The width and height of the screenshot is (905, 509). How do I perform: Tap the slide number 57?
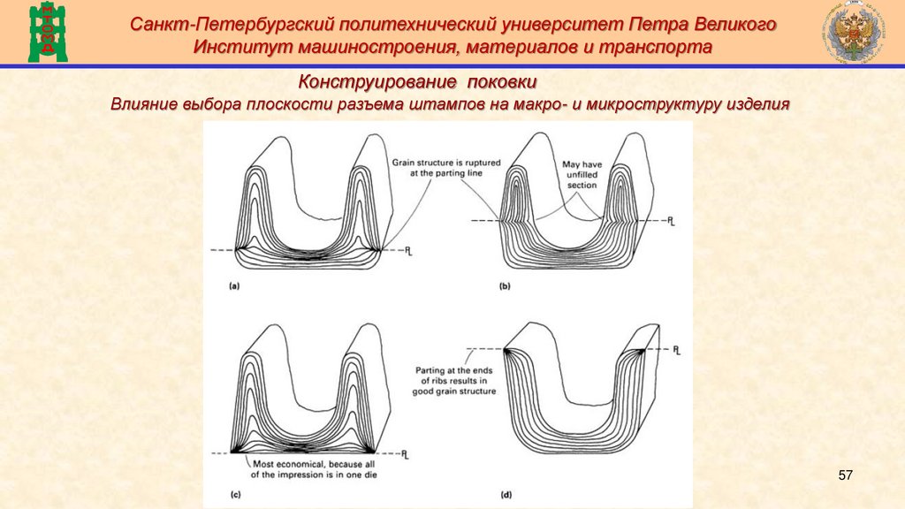[x=845, y=476]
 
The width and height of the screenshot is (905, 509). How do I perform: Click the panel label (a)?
[x=233, y=286]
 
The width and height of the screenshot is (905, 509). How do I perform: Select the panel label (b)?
[x=505, y=286]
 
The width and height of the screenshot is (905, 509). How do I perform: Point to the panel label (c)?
[x=235, y=496]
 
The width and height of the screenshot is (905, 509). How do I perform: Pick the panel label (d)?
[x=506, y=496]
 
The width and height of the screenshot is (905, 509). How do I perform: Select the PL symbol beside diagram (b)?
[x=674, y=220]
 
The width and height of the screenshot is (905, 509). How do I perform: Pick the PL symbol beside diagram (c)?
[x=405, y=455]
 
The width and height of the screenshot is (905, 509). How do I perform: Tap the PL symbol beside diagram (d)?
[x=676, y=351]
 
